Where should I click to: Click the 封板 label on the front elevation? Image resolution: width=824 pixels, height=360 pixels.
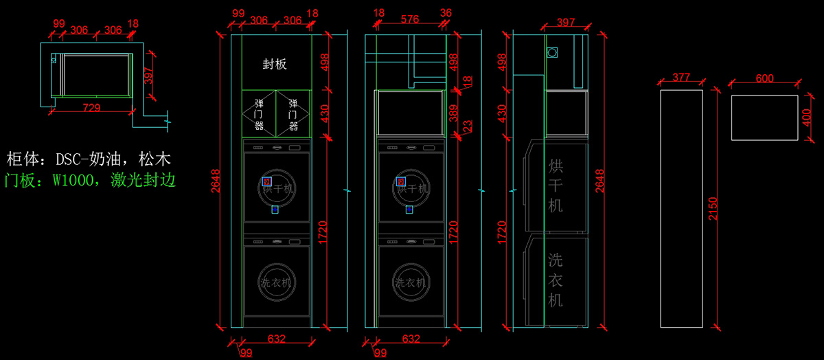[x=275, y=65]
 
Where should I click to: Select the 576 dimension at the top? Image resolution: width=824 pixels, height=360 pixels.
[x=409, y=20]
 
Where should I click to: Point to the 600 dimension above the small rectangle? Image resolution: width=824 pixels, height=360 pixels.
[x=764, y=79]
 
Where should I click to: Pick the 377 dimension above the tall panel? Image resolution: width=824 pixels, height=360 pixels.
[x=680, y=78]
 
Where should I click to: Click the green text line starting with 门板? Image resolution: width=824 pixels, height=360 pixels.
[x=90, y=181]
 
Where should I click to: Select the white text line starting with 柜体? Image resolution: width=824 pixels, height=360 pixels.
[x=89, y=160]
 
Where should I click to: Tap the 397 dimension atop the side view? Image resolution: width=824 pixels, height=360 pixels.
[x=566, y=23]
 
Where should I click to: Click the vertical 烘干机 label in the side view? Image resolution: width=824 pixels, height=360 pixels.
[x=556, y=185]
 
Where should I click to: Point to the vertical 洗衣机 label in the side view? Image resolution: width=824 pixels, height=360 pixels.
[x=556, y=280]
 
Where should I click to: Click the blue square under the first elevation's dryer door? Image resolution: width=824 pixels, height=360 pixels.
[x=275, y=210]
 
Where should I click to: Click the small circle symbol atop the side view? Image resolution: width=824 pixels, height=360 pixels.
[x=553, y=52]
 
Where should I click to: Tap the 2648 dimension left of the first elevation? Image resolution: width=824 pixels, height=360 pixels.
[x=216, y=181]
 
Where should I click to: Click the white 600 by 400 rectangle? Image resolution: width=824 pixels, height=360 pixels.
[x=764, y=117]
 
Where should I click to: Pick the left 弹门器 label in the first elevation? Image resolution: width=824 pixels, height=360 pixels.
[x=259, y=113]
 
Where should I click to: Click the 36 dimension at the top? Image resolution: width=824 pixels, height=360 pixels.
[x=446, y=13]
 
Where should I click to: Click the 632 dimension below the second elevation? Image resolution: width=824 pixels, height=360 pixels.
[x=411, y=339]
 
